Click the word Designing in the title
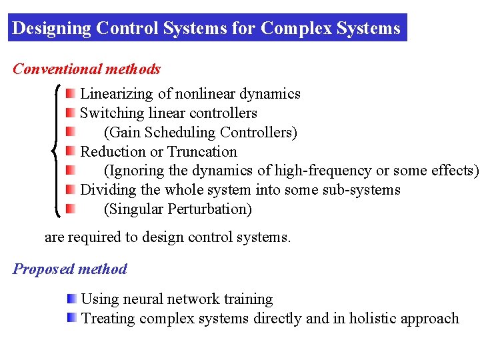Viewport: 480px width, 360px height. [51, 29]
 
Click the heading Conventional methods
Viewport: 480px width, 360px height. [87, 69]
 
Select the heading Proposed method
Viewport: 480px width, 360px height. [70, 269]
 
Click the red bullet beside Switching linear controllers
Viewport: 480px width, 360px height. [70, 113]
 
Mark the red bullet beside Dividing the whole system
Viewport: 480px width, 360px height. [70, 189]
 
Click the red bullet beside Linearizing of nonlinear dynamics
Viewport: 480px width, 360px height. [70, 94]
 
